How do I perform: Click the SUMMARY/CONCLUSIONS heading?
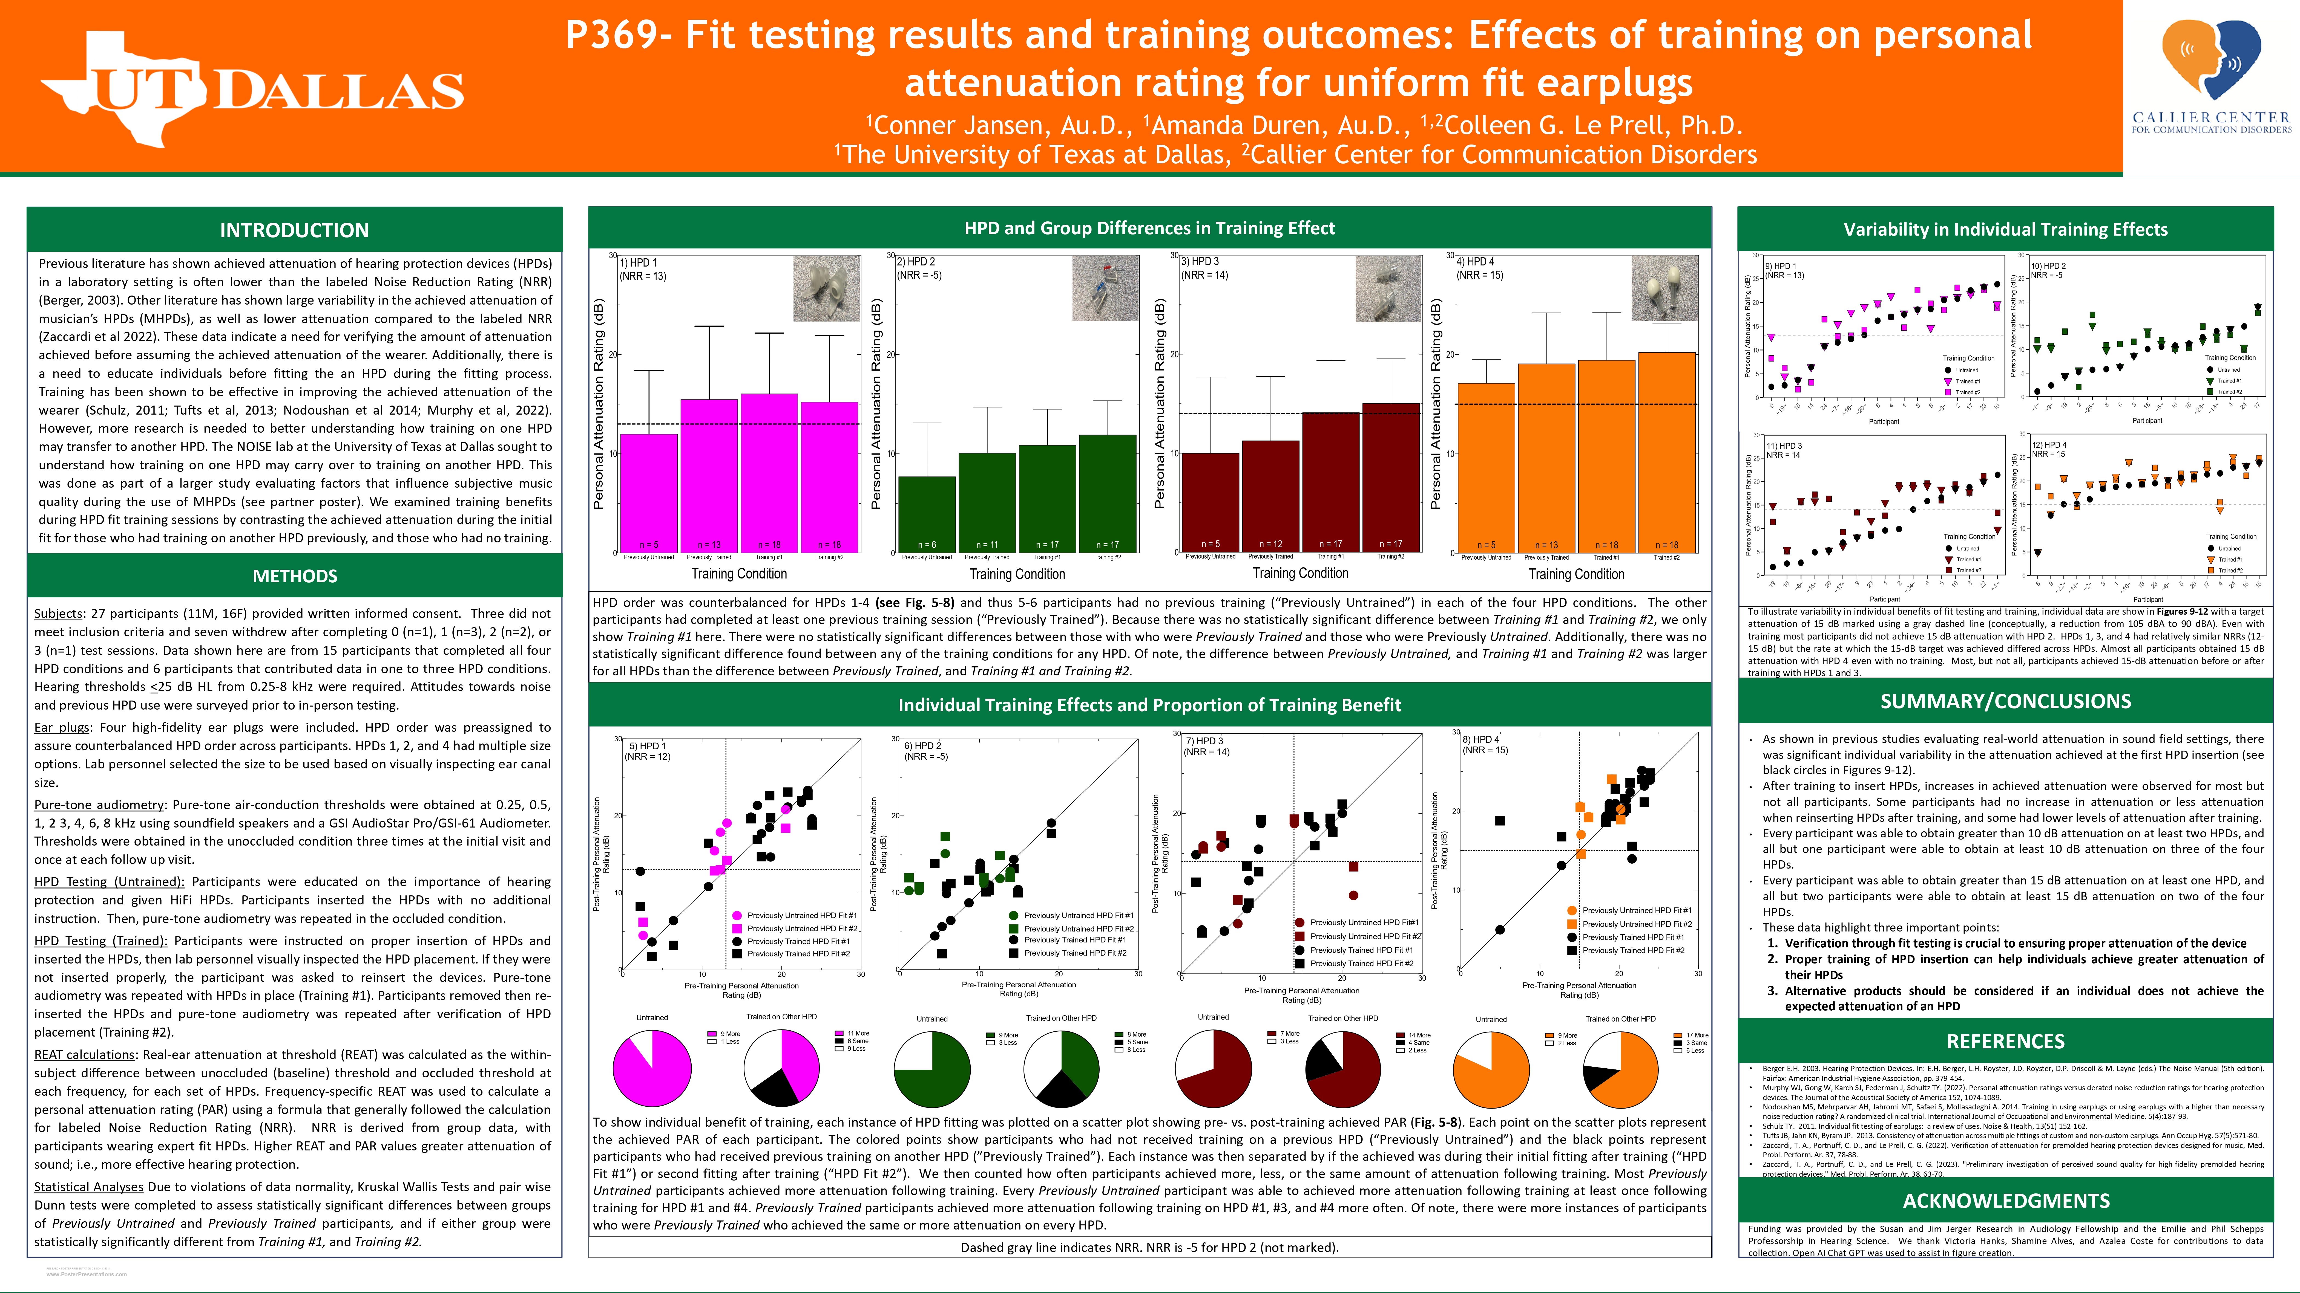coord(2005,701)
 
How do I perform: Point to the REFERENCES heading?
coord(2005,1041)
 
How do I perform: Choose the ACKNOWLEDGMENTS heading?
coord(2005,1201)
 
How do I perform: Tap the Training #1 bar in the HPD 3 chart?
coord(1330,482)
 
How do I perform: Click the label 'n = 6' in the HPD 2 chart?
coord(927,544)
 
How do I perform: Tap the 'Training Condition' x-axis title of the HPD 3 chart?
coord(1300,574)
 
